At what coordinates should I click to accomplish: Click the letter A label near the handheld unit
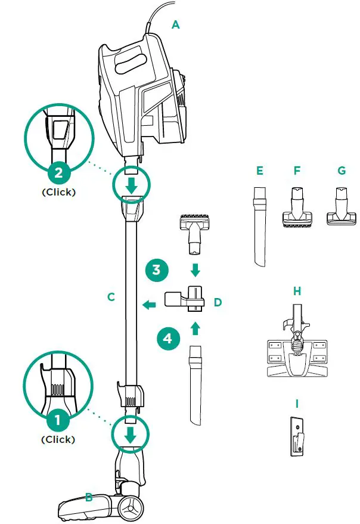tap(175, 24)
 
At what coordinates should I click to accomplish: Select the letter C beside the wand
tap(111, 296)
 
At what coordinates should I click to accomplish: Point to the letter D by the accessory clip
tap(218, 302)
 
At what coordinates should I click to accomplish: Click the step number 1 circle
tap(58, 420)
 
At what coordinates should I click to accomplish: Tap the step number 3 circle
tap(156, 269)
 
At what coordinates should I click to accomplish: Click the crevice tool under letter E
tap(259, 226)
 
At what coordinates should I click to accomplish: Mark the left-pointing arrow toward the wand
tap(148, 305)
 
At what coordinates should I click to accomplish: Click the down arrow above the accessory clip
tap(195, 270)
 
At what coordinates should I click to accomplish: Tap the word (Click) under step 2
tap(58, 193)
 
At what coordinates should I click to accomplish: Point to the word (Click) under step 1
tap(58, 440)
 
